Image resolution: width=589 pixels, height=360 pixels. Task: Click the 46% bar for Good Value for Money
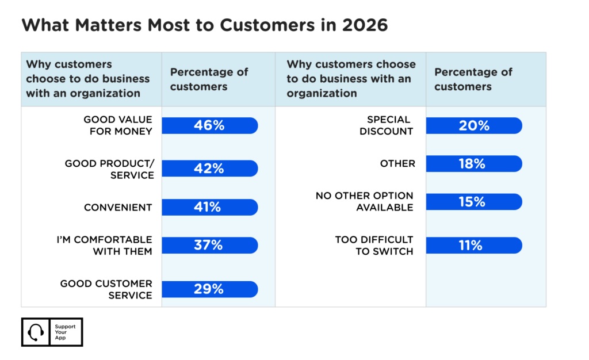210,125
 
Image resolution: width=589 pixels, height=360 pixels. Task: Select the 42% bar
210,168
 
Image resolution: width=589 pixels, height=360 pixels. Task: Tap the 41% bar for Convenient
210,207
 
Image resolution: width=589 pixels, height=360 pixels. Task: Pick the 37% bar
210,246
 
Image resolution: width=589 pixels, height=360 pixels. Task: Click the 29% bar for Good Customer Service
210,289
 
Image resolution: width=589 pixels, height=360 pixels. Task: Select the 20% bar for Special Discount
474,125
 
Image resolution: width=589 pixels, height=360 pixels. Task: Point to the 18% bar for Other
474,164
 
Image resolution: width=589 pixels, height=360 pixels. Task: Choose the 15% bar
474,202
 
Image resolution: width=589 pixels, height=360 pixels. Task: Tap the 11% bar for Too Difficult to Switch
474,246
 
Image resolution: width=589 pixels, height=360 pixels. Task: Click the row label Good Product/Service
109,169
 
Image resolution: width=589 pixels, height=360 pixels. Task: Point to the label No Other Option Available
364,202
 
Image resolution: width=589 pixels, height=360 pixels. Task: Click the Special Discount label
387,125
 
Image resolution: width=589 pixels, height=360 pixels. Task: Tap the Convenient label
118,207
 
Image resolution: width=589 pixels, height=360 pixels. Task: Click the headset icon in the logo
36,332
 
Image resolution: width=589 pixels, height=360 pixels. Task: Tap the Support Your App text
64,332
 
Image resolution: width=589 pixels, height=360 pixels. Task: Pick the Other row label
397,164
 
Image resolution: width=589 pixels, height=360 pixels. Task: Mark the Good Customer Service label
106,289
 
